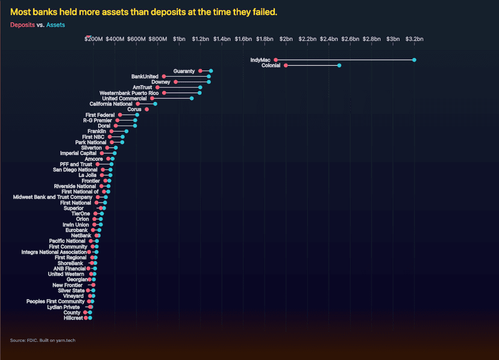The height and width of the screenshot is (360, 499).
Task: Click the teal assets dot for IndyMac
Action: [414, 60]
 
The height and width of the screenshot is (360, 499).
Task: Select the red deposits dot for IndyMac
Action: [275, 60]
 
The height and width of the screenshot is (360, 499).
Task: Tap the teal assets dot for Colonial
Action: [339, 65]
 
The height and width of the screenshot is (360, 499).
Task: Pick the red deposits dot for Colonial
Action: [286, 65]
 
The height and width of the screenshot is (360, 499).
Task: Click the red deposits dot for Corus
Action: [146, 109]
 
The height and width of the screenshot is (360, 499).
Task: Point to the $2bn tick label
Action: [286, 39]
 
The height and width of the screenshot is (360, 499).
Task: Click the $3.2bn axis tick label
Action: [414, 39]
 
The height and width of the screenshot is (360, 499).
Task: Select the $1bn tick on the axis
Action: [179, 39]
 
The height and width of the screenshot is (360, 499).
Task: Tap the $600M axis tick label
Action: [136, 39]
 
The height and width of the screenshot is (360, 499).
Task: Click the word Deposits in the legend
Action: [22, 25]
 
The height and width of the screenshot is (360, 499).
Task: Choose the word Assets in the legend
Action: [55, 25]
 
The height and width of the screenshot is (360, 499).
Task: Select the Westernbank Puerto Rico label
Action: [129, 93]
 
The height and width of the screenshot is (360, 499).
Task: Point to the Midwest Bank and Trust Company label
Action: [52, 197]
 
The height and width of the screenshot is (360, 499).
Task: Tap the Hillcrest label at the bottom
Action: [73, 318]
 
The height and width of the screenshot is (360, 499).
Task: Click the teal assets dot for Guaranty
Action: [210, 71]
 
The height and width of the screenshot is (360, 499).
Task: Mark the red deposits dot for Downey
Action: [175, 82]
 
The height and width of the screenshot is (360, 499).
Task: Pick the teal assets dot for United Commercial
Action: [192, 98]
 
